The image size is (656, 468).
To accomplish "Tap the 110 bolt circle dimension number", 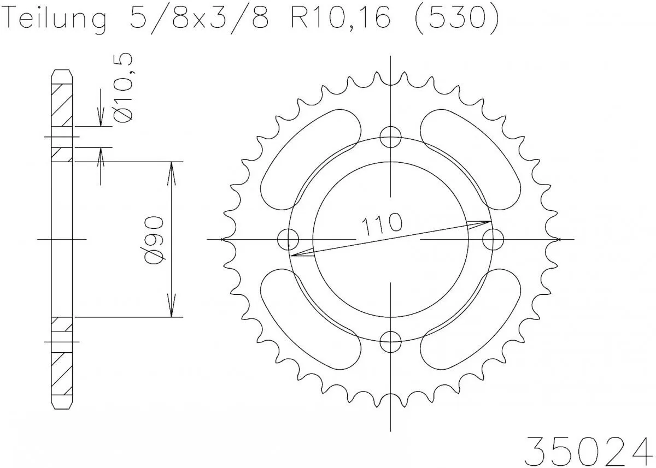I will [381, 224].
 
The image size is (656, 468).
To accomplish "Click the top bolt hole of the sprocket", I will [390, 137].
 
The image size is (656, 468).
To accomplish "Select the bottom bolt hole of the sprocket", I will [390, 342].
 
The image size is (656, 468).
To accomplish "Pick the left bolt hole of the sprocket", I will [288, 239].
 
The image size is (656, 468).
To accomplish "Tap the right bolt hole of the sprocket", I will [493, 239].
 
